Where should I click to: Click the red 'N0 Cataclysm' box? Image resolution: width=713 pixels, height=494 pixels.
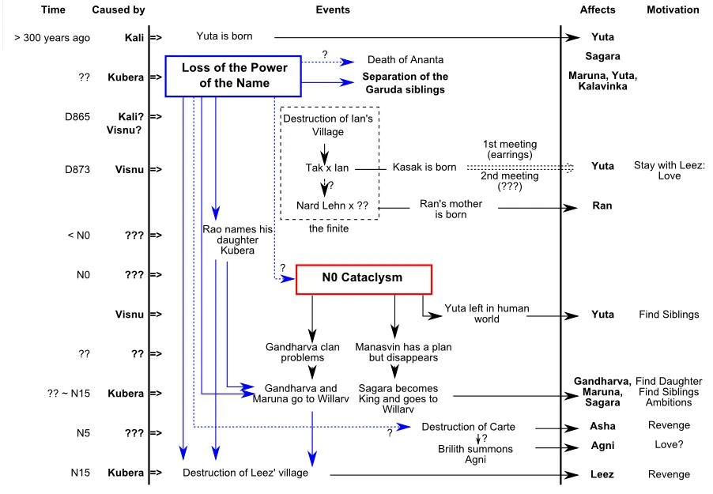coord(363,278)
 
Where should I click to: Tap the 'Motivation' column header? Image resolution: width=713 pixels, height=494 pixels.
coord(673,10)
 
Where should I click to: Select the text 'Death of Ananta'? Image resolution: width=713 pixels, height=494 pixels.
coord(406,60)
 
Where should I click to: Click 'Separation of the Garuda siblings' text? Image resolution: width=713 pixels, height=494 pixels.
coord(405,83)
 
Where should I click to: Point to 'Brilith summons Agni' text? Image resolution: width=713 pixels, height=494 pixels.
coord(475,454)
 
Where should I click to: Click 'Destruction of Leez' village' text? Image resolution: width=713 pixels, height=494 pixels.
coord(246,473)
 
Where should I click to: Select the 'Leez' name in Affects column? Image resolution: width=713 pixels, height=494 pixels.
coord(602,475)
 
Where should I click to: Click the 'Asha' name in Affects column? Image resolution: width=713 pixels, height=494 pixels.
coord(602,427)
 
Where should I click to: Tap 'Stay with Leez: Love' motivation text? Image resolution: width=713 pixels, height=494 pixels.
coord(669,170)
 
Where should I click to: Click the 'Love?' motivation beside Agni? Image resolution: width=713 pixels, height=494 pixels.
coord(669,445)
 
